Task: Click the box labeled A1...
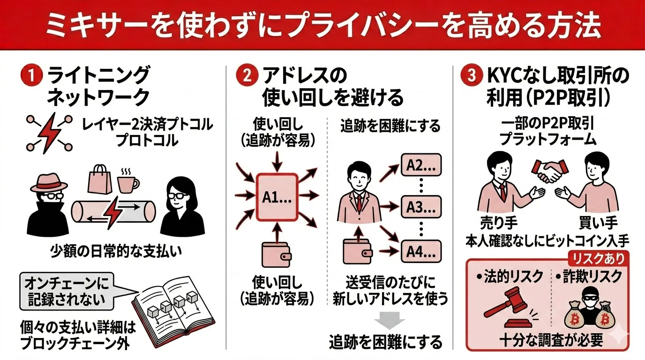[x=276, y=197]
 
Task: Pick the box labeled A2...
[x=421, y=165]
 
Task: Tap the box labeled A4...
[x=421, y=252]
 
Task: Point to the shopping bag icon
[x=100, y=180]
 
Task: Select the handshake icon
[x=546, y=172]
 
